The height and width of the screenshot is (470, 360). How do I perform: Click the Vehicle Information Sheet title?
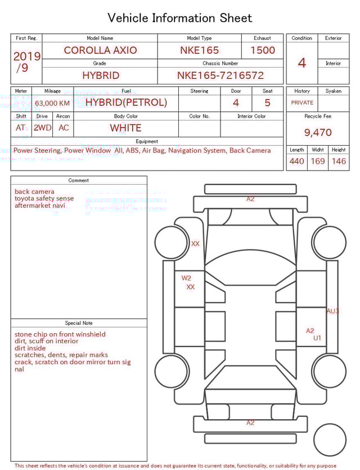click(180, 18)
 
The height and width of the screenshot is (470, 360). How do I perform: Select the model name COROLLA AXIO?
click(100, 50)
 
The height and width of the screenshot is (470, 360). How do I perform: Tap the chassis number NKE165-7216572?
click(220, 75)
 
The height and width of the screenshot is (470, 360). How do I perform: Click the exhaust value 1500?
click(263, 50)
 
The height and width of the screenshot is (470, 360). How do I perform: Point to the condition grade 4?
click(302, 62)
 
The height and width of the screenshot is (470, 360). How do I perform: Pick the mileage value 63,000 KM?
click(52, 103)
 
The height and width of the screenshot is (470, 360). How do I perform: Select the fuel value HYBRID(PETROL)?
click(126, 102)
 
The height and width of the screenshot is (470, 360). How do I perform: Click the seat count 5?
click(267, 102)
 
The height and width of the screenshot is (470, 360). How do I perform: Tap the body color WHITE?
click(125, 128)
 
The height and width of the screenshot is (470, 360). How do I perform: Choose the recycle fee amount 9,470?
click(318, 132)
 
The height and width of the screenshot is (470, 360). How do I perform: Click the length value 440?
click(296, 161)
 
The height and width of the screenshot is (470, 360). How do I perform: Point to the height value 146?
click(339, 161)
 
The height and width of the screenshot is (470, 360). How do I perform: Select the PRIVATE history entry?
click(302, 102)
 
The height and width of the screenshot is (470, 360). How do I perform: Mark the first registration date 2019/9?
click(26, 62)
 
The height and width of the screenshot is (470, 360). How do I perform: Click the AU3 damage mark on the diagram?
click(332, 311)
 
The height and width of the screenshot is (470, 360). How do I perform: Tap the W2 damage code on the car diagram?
click(186, 278)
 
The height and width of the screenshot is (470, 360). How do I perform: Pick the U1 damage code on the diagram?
click(317, 338)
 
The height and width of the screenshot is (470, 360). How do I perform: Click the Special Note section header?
click(79, 323)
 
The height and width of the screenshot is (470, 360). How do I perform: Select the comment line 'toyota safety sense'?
click(44, 199)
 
